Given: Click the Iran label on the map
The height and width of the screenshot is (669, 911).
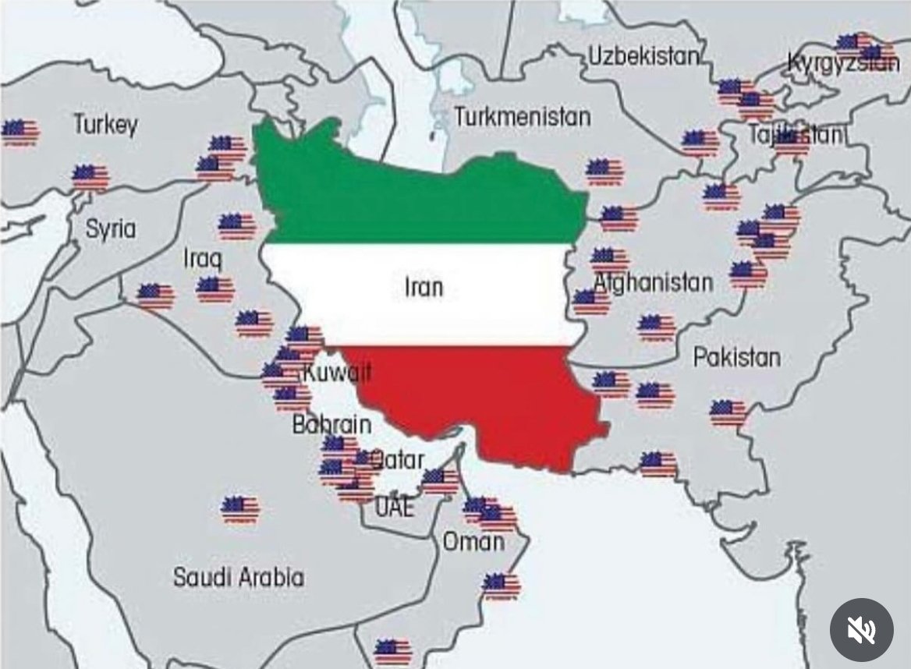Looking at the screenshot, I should pyautogui.click(x=424, y=287).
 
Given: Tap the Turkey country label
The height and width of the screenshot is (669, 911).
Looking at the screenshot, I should pyautogui.click(x=105, y=124).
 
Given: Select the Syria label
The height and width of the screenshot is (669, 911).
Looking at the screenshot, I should pyautogui.click(x=110, y=228).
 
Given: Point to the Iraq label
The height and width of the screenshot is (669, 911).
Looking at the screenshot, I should pyautogui.click(x=203, y=258).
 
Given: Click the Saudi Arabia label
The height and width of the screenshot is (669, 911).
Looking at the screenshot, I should pyautogui.click(x=238, y=577).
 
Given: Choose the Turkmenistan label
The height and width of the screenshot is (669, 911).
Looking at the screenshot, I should pyautogui.click(x=522, y=118).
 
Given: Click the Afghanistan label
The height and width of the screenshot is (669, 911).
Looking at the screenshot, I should pyautogui.click(x=654, y=282).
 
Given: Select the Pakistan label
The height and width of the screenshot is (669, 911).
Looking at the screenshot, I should pyautogui.click(x=736, y=357).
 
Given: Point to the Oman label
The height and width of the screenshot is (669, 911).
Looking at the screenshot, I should pyautogui.click(x=473, y=541).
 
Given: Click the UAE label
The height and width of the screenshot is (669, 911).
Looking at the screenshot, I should pyautogui.click(x=395, y=508).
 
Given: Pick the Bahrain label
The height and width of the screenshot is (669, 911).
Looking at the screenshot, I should pyautogui.click(x=331, y=425).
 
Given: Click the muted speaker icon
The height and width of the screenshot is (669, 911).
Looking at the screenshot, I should pyautogui.click(x=861, y=630).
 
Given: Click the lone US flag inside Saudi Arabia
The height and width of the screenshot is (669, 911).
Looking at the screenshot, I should pyautogui.click(x=239, y=509).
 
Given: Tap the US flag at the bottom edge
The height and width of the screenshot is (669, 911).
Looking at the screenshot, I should pyautogui.click(x=392, y=650).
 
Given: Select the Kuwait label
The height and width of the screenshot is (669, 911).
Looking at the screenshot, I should pyautogui.click(x=336, y=373).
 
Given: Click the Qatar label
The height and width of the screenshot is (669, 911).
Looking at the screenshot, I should pyautogui.click(x=398, y=458).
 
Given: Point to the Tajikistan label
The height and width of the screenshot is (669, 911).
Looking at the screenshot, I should pyautogui.click(x=795, y=135).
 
